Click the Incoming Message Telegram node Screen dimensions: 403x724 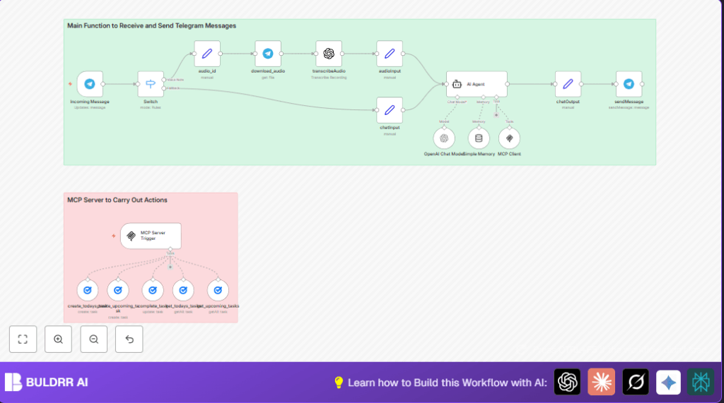pos(90,84)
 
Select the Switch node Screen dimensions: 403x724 pos(150,84)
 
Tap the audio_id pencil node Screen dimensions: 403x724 pos(207,54)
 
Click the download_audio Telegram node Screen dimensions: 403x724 pos(268,54)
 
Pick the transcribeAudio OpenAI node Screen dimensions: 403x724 pos(329,54)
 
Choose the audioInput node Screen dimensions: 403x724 pos(390,54)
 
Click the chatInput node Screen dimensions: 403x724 pos(390,110)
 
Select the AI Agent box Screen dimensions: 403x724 pos(477,84)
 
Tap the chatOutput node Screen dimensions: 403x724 pos(568,84)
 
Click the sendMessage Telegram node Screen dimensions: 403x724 pos(629,84)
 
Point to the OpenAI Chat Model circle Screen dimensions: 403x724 pos(444,138)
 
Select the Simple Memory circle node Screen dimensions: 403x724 pos(479,138)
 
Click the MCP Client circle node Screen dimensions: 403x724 pos(509,138)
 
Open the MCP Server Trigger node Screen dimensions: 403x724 pos(151,236)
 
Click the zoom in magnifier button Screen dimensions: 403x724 pos(58,339)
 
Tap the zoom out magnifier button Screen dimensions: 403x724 pos(94,339)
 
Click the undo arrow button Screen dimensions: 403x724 pos(129,339)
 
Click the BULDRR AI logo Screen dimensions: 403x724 pos(47,383)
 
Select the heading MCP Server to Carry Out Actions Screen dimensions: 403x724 pos(117,200)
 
